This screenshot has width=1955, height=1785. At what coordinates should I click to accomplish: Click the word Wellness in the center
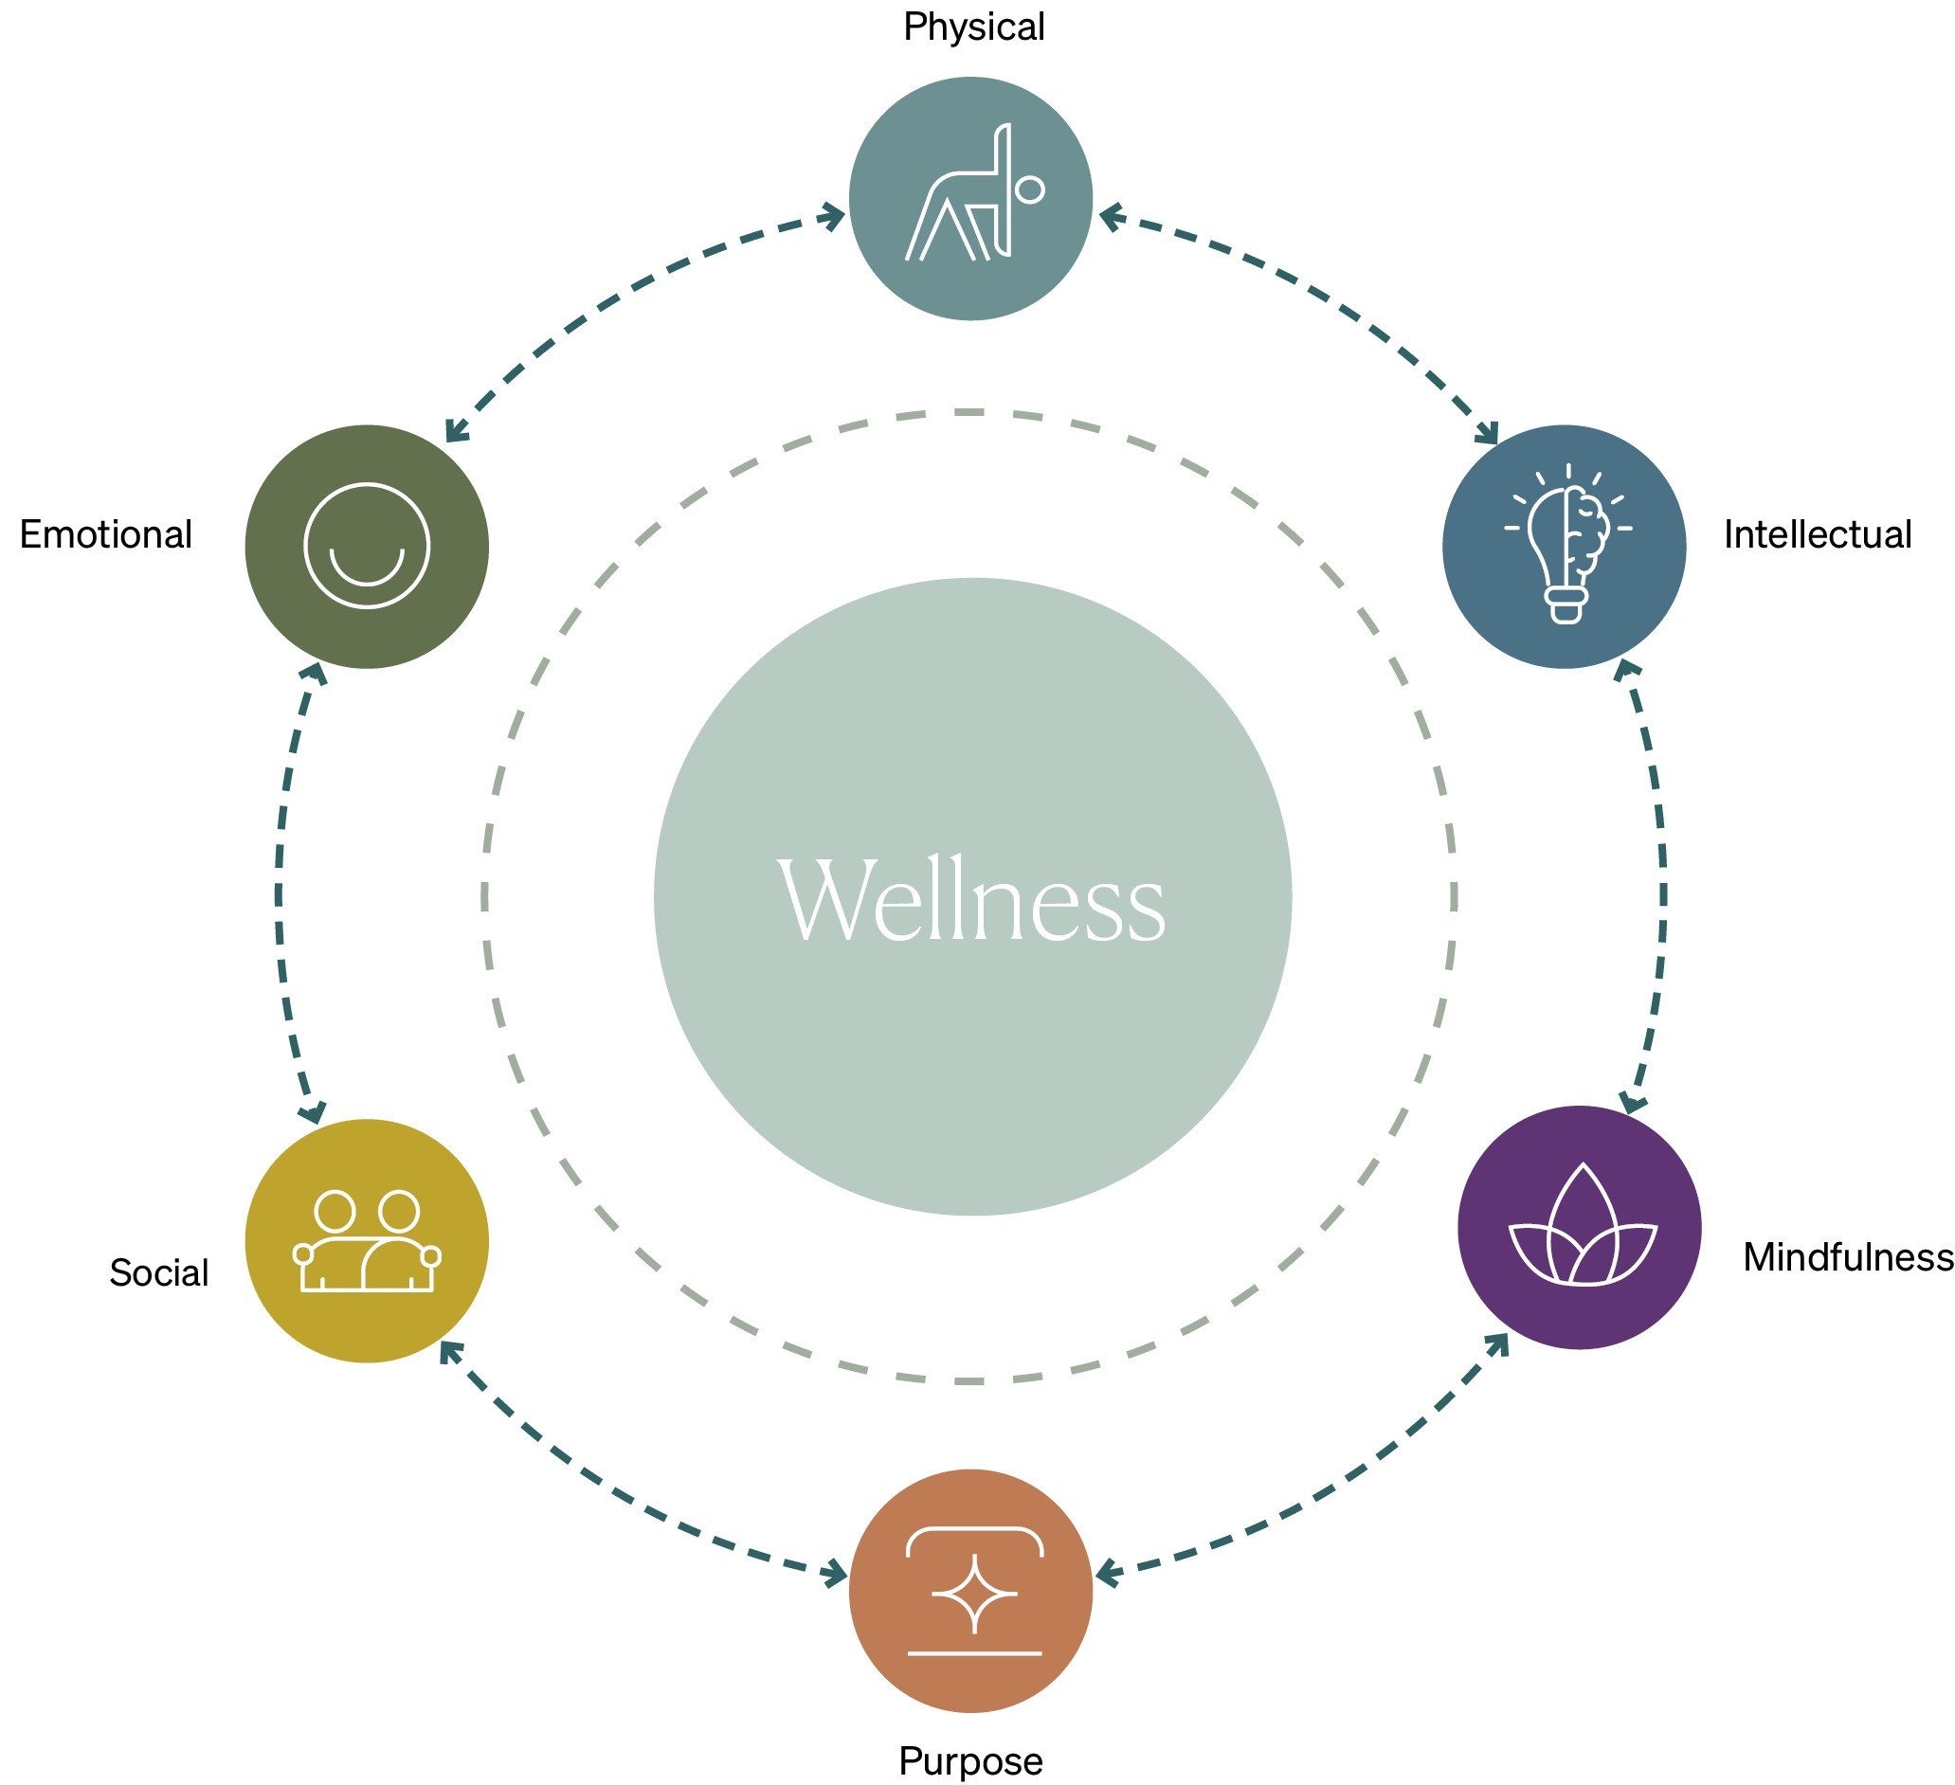(x=971, y=899)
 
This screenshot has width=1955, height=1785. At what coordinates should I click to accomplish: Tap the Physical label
(x=973, y=27)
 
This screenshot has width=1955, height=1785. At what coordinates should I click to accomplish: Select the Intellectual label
(x=1818, y=534)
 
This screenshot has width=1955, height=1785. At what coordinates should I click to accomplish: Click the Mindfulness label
(x=1847, y=1256)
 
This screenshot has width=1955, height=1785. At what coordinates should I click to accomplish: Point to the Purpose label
(x=970, y=1760)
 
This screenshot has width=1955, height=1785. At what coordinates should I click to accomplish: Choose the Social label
(x=159, y=1272)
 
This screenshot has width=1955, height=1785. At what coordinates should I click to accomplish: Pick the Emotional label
(x=106, y=534)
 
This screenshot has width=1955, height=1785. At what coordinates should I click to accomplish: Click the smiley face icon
(x=367, y=546)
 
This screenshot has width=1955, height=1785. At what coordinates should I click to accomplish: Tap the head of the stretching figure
(x=1030, y=189)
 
